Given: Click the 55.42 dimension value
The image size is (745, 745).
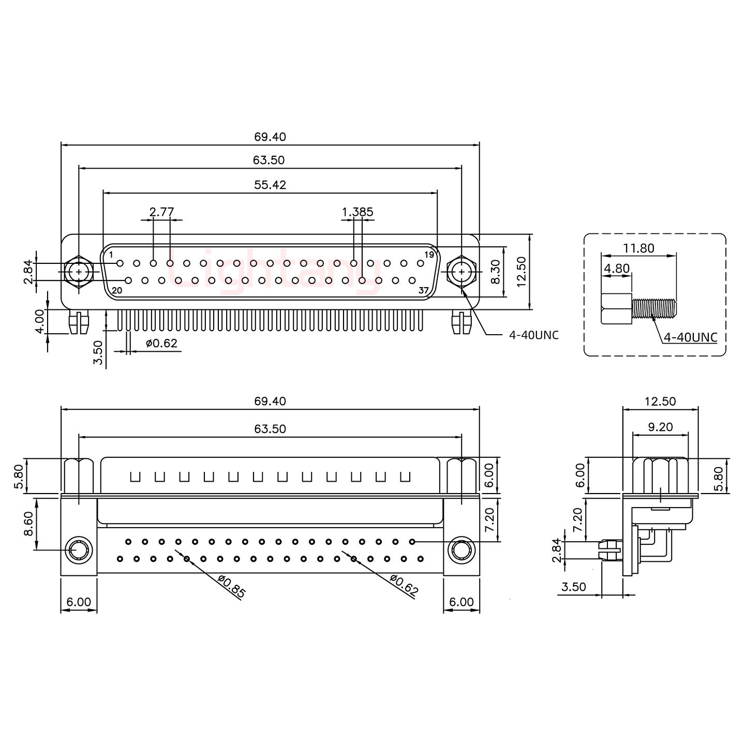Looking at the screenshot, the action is [x=270, y=185].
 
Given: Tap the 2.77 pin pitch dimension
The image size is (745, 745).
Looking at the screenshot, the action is [x=161, y=212].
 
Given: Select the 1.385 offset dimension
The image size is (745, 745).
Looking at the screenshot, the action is [x=357, y=212].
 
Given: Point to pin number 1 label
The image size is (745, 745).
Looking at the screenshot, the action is [x=111, y=255].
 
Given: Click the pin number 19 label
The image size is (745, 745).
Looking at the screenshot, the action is [x=429, y=255].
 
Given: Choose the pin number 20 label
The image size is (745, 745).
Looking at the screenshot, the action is [x=117, y=290].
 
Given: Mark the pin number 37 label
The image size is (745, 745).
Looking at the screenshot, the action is [x=424, y=290].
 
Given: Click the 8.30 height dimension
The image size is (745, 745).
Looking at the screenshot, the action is [x=496, y=272].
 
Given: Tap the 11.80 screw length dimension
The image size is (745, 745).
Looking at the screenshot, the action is [x=638, y=248].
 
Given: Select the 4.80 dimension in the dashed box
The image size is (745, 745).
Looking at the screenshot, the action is [x=617, y=269].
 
